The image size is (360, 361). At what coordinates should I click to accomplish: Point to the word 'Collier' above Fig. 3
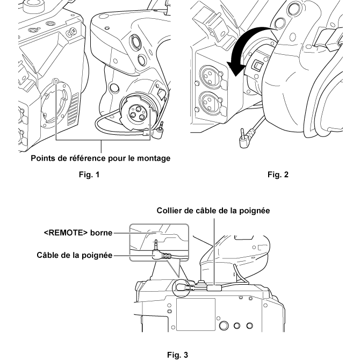click(172, 211)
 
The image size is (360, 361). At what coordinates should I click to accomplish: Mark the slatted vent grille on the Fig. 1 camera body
click(74, 105)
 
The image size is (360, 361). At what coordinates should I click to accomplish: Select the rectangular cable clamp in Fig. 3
click(213, 287)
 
